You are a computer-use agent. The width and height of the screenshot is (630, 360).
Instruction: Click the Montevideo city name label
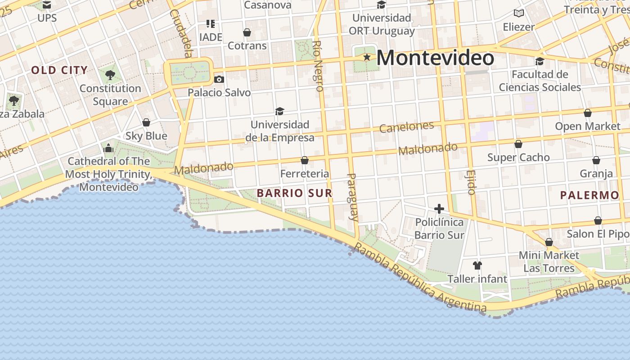(435, 58)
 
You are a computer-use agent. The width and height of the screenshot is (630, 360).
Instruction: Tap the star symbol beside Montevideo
(367, 57)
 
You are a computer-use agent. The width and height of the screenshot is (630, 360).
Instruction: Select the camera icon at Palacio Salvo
(219, 79)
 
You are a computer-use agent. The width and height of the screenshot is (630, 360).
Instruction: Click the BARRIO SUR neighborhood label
(294, 193)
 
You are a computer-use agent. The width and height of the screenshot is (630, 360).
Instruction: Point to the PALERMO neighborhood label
(589, 195)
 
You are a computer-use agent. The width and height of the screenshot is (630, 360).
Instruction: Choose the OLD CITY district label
(59, 70)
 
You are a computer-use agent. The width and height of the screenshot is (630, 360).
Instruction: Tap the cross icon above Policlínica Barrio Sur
(439, 209)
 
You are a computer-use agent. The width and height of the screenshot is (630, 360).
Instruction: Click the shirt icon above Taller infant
(477, 265)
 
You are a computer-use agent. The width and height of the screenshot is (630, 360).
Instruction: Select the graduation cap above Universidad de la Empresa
(280, 111)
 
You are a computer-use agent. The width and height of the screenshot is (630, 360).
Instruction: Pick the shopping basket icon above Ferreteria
(305, 160)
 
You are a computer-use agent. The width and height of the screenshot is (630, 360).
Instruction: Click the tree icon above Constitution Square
(110, 75)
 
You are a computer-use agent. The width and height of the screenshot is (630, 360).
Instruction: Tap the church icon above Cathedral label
(108, 148)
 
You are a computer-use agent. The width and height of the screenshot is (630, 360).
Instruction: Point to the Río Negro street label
(318, 66)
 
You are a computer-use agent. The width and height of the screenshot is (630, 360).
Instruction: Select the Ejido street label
(471, 182)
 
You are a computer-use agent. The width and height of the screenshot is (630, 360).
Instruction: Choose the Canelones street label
(406, 126)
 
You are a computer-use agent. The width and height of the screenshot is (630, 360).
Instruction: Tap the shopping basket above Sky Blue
(146, 122)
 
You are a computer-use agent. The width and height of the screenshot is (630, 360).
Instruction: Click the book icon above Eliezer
(519, 13)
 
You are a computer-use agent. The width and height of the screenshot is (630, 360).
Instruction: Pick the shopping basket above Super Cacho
(518, 144)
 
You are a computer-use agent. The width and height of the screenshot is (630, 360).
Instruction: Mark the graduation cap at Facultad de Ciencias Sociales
(540, 61)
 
